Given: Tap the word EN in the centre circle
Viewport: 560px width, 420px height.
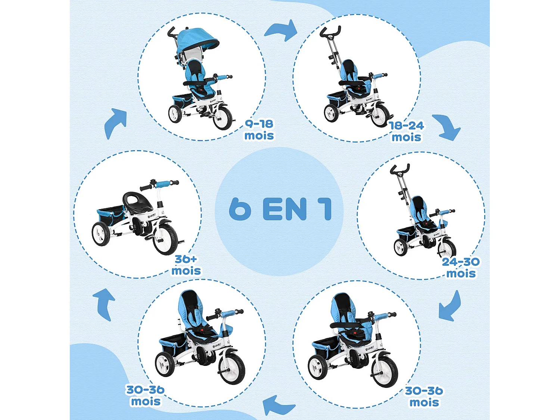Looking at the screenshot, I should coord(285,209).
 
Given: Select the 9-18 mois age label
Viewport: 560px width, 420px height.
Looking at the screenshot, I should coord(259,130).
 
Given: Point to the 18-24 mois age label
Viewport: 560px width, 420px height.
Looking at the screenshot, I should coord(407,131).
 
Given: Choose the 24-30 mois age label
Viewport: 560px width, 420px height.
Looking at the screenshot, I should coord(461,267).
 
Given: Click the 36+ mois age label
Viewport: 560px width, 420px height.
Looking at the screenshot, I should coord(186,265).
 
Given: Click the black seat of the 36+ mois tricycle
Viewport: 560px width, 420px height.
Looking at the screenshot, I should coord(137,202).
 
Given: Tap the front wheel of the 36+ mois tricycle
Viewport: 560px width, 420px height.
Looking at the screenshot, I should coord(165,239).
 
